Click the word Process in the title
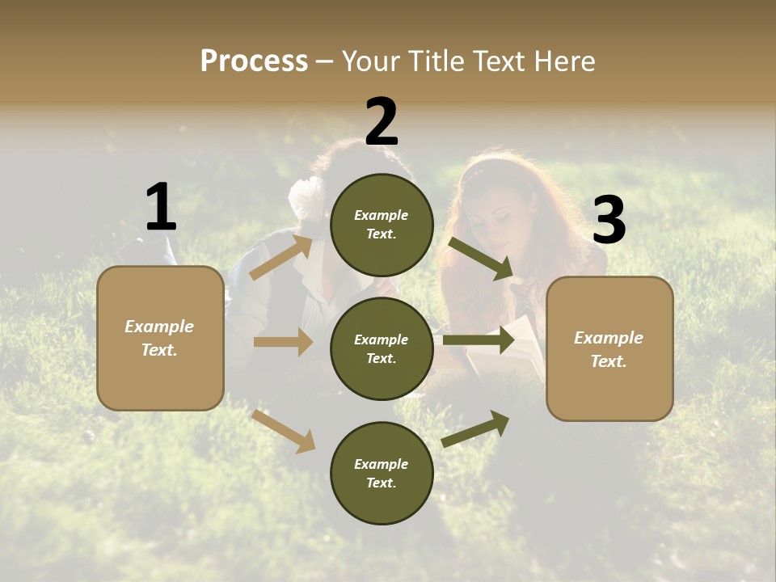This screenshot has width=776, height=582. (254, 61)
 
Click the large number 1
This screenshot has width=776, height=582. (161, 208)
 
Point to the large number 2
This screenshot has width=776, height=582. (382, 122)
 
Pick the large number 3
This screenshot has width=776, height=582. (609, 221)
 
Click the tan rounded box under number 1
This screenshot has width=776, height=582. (160, 338)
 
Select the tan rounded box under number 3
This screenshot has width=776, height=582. (609, 349)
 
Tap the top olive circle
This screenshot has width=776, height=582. (382, 225)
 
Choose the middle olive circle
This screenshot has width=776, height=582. (382, 349)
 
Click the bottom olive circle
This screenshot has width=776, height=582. (382, 474)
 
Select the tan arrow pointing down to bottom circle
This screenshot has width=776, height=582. (284, 431)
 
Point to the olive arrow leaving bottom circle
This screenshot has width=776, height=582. (476, 428)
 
